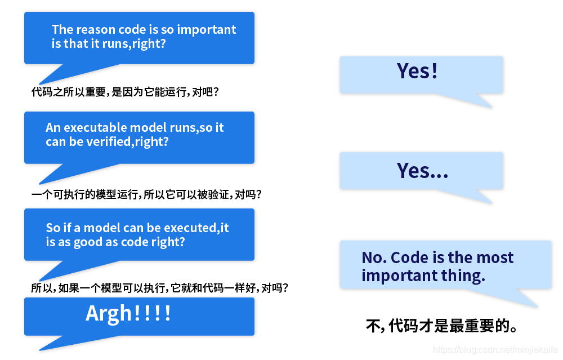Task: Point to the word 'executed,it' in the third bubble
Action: pos(196,228)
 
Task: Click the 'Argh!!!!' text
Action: pos(128,314)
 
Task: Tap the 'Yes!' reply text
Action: pos(417,71)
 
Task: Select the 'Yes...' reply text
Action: pos(422,170)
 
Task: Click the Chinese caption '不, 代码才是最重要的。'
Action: pos(441,326)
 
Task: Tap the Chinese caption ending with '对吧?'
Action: pos(124,92)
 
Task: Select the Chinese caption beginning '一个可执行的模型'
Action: pos(146,194)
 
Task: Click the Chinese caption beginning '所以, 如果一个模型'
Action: pos(160,288)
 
